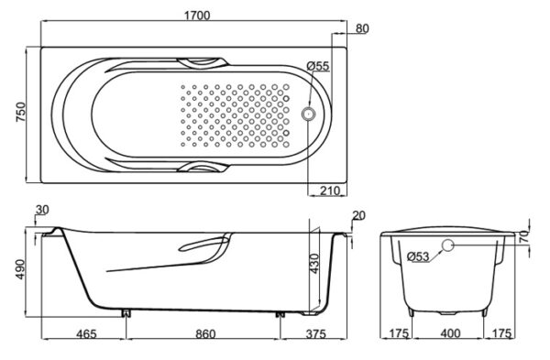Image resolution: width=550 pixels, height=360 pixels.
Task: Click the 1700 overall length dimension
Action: (x=197, y=16)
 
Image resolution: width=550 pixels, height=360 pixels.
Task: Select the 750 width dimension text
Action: (x=21, y=112)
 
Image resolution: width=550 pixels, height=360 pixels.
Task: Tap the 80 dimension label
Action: (x=362, y=28)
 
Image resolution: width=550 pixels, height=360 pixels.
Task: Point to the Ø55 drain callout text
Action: (x=318, y=66)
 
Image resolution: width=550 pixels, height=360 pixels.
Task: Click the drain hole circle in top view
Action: (x=309, y=114)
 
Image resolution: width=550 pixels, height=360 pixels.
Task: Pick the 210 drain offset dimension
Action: (x=330, y=191)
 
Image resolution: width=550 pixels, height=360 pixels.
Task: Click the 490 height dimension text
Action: (x=21, y=269)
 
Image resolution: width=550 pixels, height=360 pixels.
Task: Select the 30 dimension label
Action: (x=42, y=210)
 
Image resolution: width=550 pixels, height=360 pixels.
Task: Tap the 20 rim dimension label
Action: (x=358, y=215)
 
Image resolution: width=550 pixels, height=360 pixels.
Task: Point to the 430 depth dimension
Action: (x=314, y=264)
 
